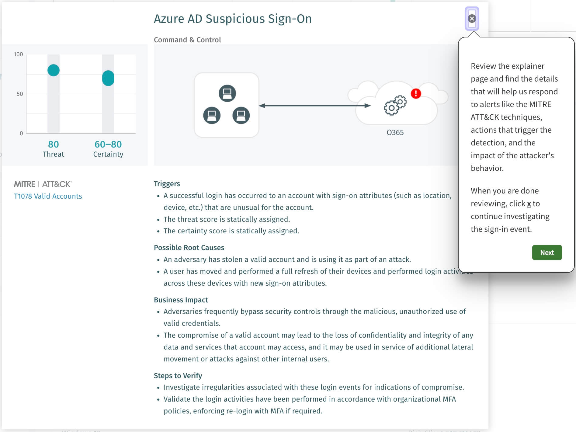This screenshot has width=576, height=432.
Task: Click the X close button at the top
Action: (x=472, y=19)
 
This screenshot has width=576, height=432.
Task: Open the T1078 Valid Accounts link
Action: (x=48, y=196)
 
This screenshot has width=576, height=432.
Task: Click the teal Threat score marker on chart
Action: (x=54, y=70)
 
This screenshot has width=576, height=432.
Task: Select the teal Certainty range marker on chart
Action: (x=108, y=78)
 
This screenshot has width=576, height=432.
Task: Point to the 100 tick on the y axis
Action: (x=18, y=54)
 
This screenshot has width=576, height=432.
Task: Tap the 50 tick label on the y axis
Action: (x=20, y=94)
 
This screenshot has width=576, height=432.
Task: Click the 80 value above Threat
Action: (x=54, y=144)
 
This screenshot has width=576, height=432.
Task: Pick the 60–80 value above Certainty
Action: (x=108, y=144)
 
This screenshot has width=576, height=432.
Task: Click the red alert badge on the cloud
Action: (x=416, y=93)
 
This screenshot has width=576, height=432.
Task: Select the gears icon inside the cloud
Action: (x=395, y=105)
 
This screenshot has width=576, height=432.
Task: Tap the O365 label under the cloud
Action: (x=395, y=133)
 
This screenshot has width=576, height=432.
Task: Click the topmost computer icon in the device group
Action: (x=227, y=93)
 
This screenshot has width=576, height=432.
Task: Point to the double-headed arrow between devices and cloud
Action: (x=315, y=106)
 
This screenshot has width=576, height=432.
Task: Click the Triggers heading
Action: (x=167, y=184)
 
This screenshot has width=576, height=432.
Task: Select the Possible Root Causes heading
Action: (x=189, y=248)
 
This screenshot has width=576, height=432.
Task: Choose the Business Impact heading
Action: (x=181, y=300)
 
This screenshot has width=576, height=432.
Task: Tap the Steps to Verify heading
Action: (x=178, y=376)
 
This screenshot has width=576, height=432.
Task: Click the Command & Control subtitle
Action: (x=187, y=40)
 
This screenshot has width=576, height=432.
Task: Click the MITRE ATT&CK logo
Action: (x=43, y=184)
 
